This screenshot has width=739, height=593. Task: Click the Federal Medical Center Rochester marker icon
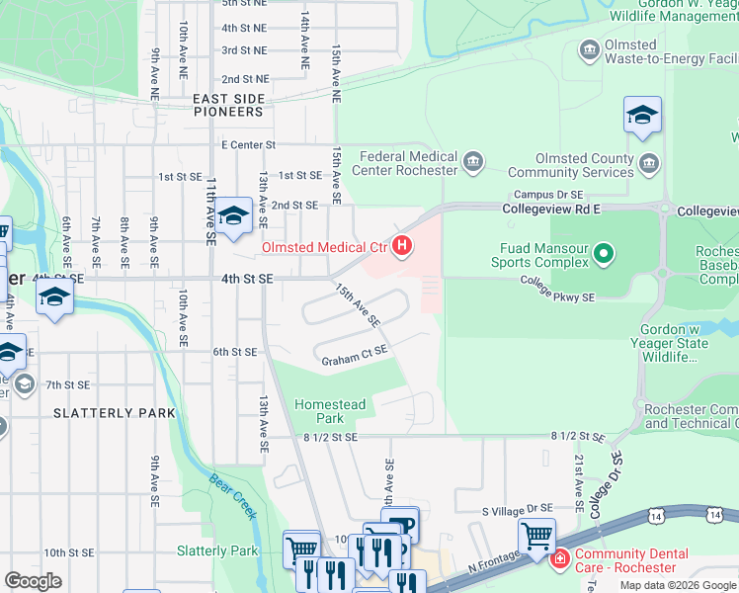click(x=472, y=162)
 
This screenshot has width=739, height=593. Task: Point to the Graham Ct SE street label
click(x=354, y=362)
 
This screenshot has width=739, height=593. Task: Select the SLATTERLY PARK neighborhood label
click(x=115, y=412)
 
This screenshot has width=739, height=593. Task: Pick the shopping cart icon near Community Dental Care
click(x=536, y=537)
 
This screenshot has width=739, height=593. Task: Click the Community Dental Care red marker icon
click(x=560, y=560)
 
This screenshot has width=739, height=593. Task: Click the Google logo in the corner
click(x=33, y=581)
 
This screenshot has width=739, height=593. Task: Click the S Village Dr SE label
click(x=517, y=509)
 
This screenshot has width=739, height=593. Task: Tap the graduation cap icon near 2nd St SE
click(x=234, y=215)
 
